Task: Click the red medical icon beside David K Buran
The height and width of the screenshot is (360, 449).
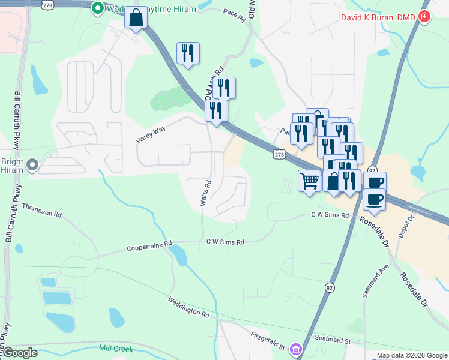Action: [425, 17]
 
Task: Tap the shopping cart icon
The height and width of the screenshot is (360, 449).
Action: [309, 180]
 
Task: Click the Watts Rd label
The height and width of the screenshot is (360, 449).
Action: [205, 193]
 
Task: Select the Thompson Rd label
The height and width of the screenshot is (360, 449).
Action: [42, 209]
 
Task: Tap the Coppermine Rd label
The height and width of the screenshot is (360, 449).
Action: [149, 246]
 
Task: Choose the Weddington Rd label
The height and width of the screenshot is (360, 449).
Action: [188, 306]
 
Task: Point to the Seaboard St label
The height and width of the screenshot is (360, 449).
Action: [330, 341]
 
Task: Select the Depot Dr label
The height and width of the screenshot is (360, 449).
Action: [411, 222]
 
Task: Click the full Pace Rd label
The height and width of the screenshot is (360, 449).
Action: [234, 15]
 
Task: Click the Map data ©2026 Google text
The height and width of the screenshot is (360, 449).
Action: [411, 355]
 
